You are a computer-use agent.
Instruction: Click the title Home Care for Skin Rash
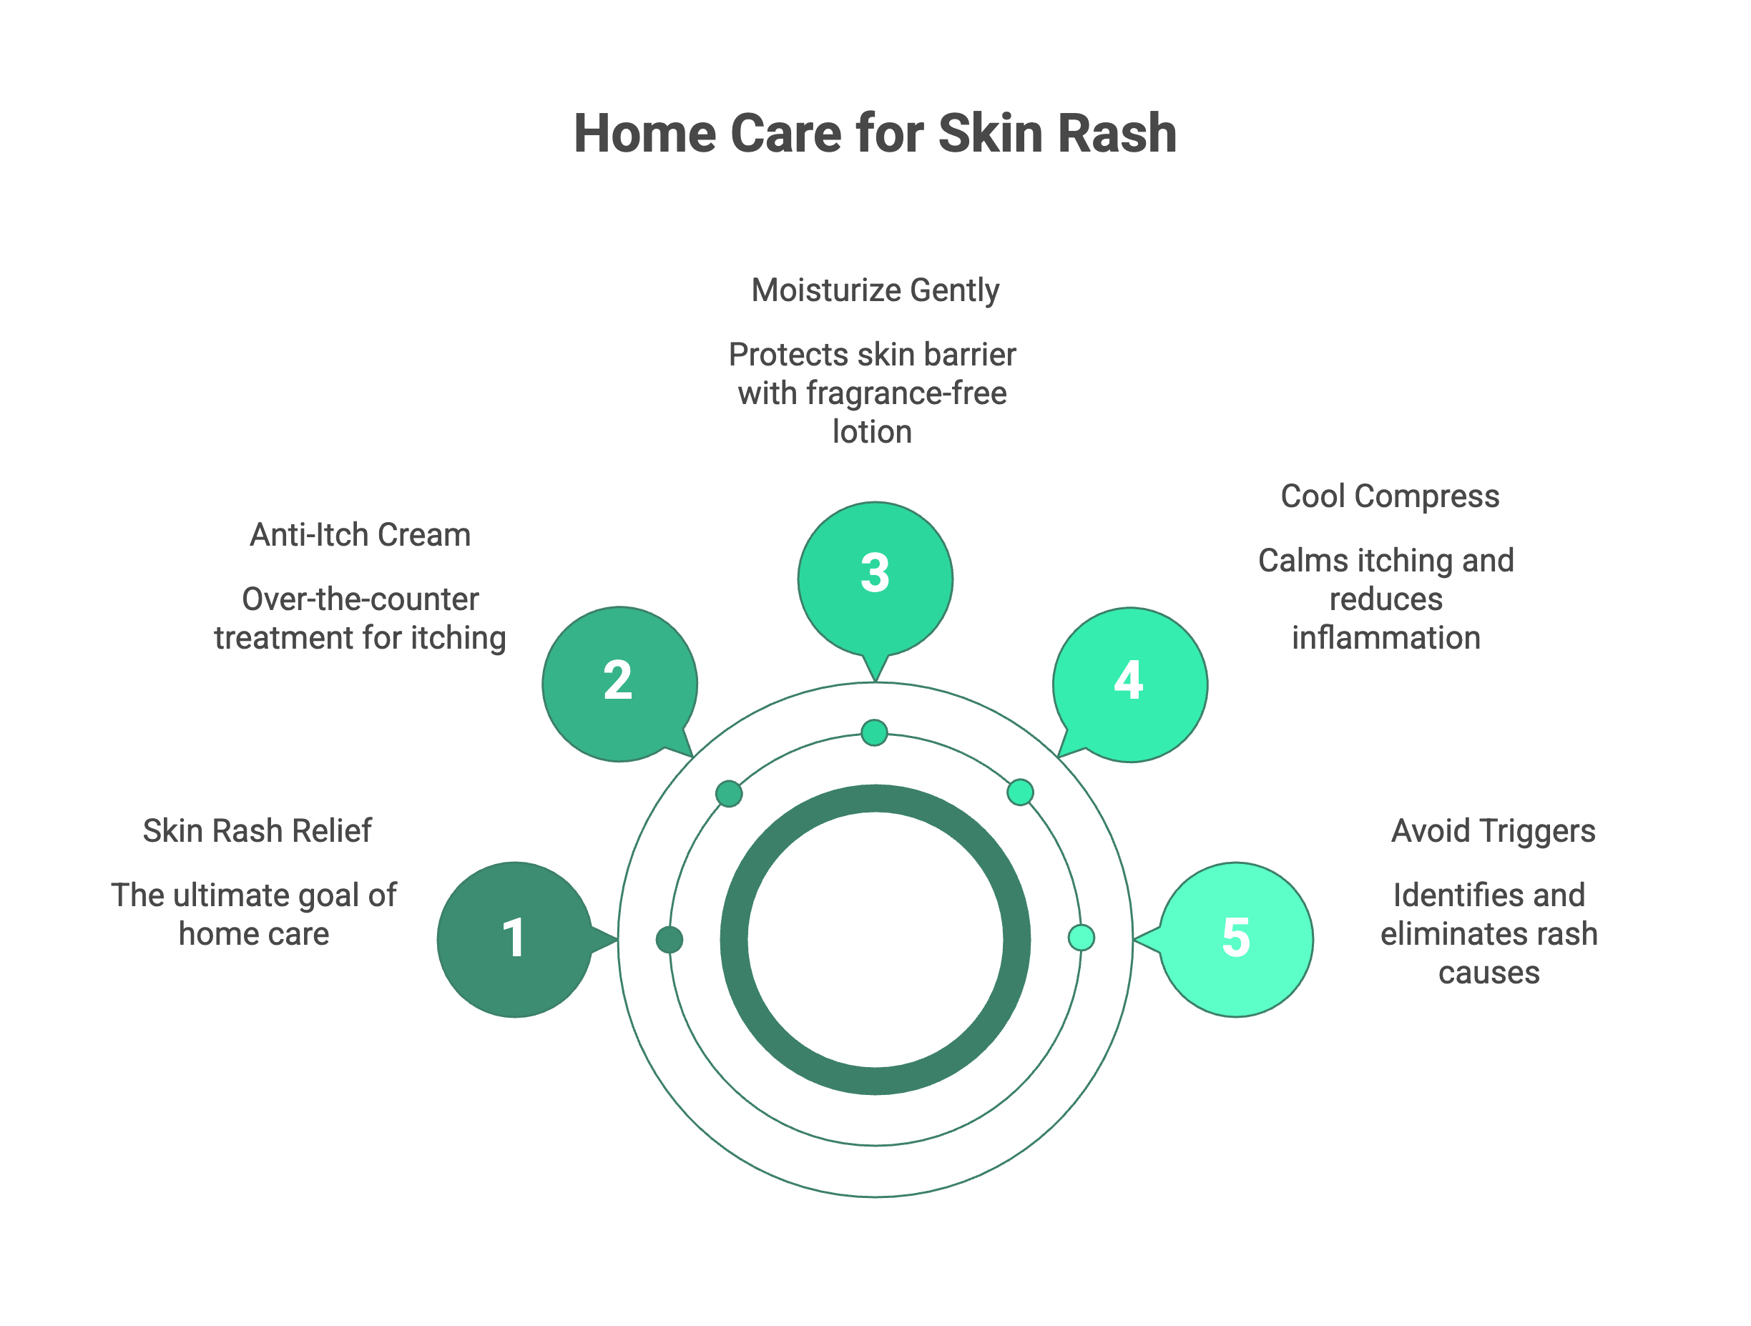point(875,133)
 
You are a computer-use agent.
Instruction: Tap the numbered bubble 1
point(515,940)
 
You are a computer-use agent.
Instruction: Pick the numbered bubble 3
point(875,579)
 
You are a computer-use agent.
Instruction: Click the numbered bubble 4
point(1130,684)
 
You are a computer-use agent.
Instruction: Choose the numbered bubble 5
point(1236,940)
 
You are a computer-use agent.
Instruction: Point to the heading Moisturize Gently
point(875,290)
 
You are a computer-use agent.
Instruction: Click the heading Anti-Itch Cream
point(360,535)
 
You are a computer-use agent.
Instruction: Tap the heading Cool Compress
point(1390,496)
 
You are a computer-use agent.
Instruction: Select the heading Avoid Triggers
point(1493,831)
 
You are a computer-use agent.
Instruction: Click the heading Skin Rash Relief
point(257,831)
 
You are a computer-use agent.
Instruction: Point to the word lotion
point(873,432)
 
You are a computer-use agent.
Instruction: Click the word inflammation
point(1386,638)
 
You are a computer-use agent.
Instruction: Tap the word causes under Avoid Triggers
point(1489,973)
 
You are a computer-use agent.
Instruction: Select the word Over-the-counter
point(360,599)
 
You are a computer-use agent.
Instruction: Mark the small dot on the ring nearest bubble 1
point(669,940)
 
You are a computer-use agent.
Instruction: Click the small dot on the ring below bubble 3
point(875,733)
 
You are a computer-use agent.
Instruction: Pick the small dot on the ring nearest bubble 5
point(1081,938)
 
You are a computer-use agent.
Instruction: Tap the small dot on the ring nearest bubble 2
point(729,793)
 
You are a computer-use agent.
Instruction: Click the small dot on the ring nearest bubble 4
point(1021,792)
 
